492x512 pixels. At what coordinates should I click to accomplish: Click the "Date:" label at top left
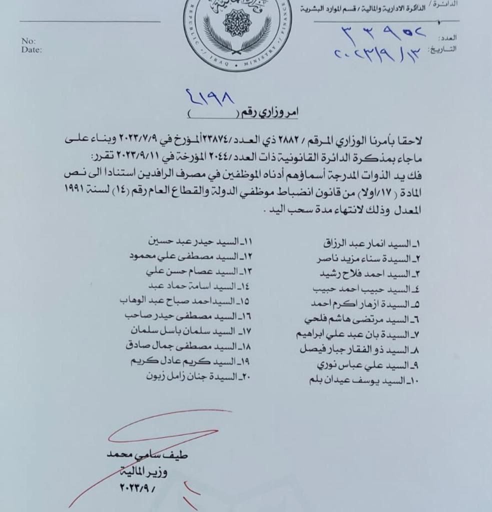[x=31, y=49]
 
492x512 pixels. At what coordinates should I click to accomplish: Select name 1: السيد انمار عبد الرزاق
[x=371, y=244]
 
